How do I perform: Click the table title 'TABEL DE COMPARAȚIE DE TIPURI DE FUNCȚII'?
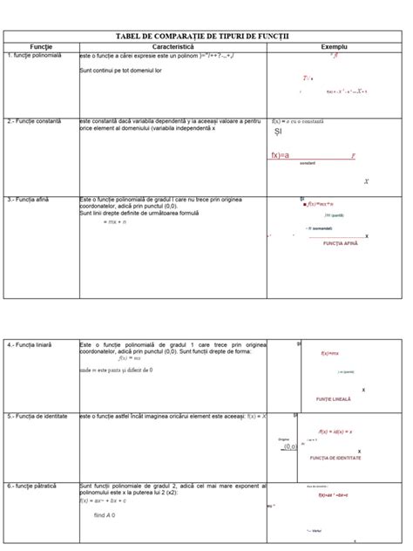pyautogui.click(x=206, y=34)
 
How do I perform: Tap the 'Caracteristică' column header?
pyautogui.click(x=172, y=45)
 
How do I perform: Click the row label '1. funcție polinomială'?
pyautogui.click(x=35, y=56)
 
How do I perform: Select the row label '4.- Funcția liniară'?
pyautogui.click(x=30, y=345)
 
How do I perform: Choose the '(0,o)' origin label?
pyautogui.click(x=290, y=446)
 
